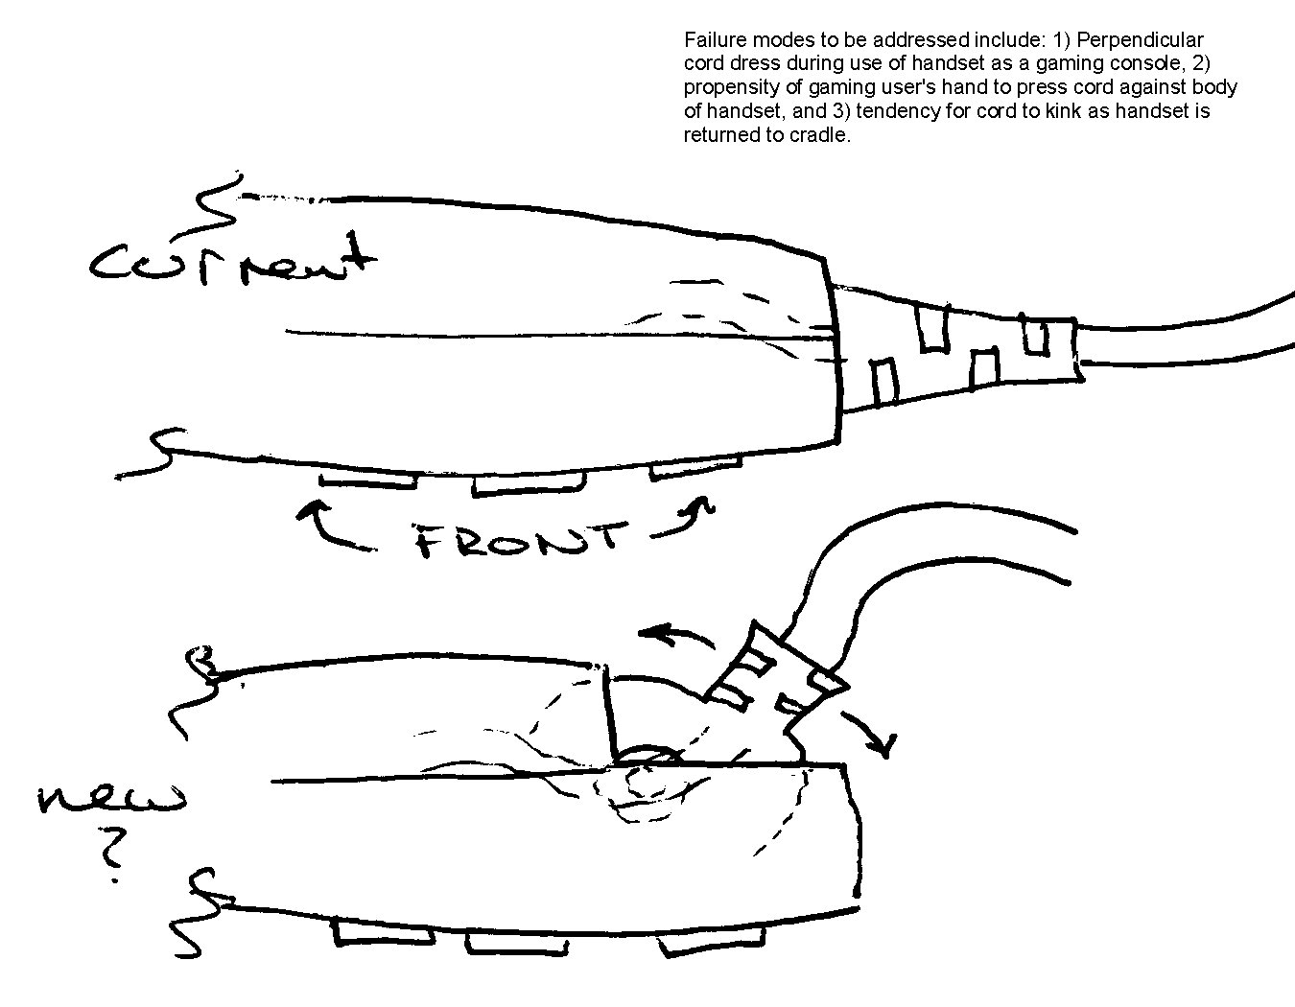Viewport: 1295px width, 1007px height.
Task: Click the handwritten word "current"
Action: tap(232, 262)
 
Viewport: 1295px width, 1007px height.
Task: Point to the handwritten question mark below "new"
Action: tap(112, 855)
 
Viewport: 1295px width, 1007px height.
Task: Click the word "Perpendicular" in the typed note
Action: tap(1140, 40)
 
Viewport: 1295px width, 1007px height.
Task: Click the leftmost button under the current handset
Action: tap(367, 481)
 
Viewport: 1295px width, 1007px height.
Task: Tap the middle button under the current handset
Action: tap(529, 484)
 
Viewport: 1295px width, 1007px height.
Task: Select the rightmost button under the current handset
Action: tap(696, 468)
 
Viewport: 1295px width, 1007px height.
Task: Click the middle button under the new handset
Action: tap(517, 945)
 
